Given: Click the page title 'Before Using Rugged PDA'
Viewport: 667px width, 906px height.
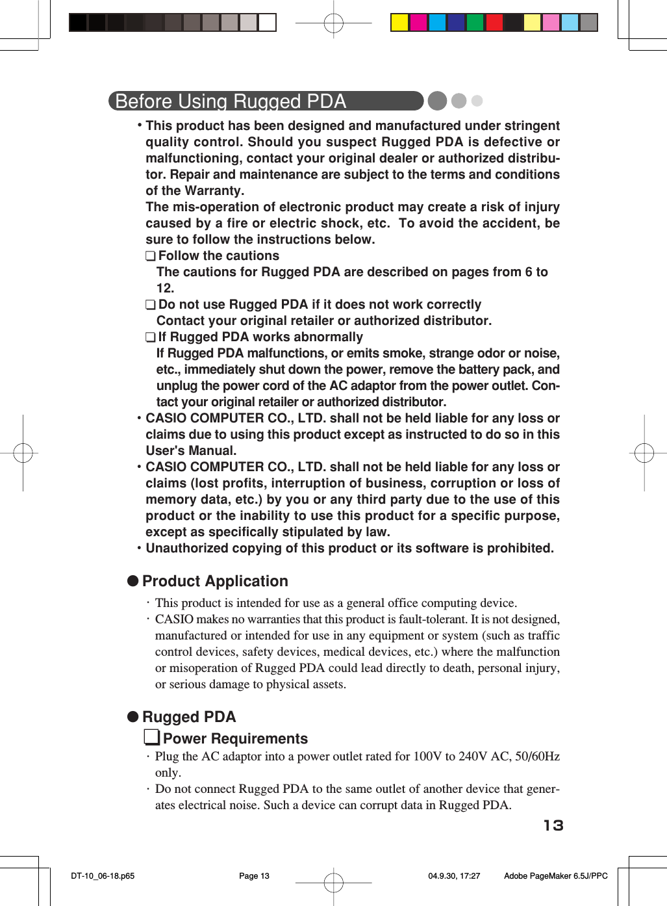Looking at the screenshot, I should pos(231,101).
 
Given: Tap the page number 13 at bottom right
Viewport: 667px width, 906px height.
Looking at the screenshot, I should pos(553,825).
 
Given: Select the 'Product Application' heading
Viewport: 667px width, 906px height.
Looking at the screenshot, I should pos(215,581).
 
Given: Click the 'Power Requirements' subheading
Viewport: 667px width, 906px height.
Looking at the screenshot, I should pos(235,738).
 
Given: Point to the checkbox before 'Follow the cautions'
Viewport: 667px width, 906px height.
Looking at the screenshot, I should pos(151,257).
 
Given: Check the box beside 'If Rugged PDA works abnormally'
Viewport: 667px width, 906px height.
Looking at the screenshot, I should pos(151,338).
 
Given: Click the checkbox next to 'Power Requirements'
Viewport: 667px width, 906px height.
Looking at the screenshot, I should pos(152,738).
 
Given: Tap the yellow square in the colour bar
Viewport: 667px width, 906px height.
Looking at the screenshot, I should pos(399,22).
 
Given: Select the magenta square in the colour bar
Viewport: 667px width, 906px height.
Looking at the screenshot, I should pos(418,22).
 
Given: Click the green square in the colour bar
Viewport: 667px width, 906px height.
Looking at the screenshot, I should pos(475,22).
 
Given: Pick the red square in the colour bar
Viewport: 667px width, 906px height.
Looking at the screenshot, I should pos(494,22).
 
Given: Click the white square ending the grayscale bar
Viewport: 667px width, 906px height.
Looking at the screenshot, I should pos(267,22).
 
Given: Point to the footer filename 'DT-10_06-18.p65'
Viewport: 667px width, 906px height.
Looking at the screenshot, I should pos(103,875).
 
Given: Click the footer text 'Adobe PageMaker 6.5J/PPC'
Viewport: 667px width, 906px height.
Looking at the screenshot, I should pos(555,875).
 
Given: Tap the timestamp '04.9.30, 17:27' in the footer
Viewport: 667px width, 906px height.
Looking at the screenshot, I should pos(454,875).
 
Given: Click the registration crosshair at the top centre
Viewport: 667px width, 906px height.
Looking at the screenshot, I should pos(333,23).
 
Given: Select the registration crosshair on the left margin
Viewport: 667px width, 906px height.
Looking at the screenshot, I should pos(23,452).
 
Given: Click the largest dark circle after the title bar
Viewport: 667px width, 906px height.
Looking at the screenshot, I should pos(437,101).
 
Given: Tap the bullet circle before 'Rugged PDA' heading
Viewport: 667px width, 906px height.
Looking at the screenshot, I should pos(133,716).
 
